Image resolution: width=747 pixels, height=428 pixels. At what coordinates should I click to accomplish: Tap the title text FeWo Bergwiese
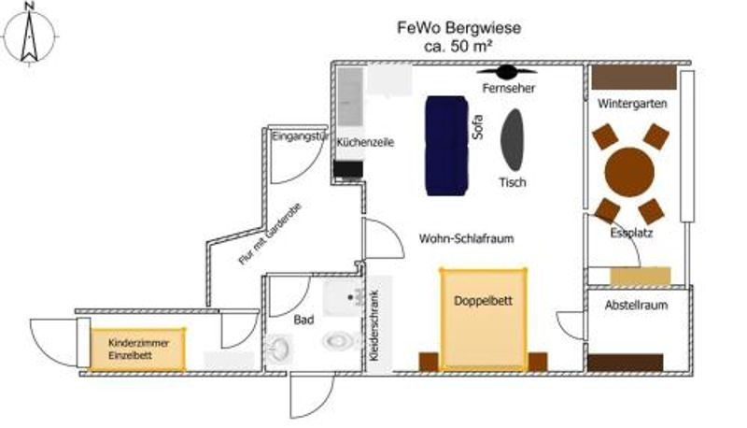pos(458,28)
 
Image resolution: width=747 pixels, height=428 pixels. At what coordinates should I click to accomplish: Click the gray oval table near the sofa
pos(513,139)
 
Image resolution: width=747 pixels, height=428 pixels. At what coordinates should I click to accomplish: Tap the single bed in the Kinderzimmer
pos(138,349)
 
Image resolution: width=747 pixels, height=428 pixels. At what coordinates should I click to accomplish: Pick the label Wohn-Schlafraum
pos(467,238)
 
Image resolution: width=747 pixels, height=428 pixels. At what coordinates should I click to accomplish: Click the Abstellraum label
pos(637,305)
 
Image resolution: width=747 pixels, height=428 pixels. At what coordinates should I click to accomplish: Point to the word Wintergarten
pos(632,104)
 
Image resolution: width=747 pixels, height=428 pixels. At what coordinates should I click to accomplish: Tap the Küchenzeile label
pos(365,143)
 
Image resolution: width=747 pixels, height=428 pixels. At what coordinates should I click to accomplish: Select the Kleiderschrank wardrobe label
pos(376,318)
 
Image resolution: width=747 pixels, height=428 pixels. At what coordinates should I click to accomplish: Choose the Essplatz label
pos(630,233)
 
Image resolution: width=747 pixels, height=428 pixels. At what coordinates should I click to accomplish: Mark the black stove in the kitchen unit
pos(348,168)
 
